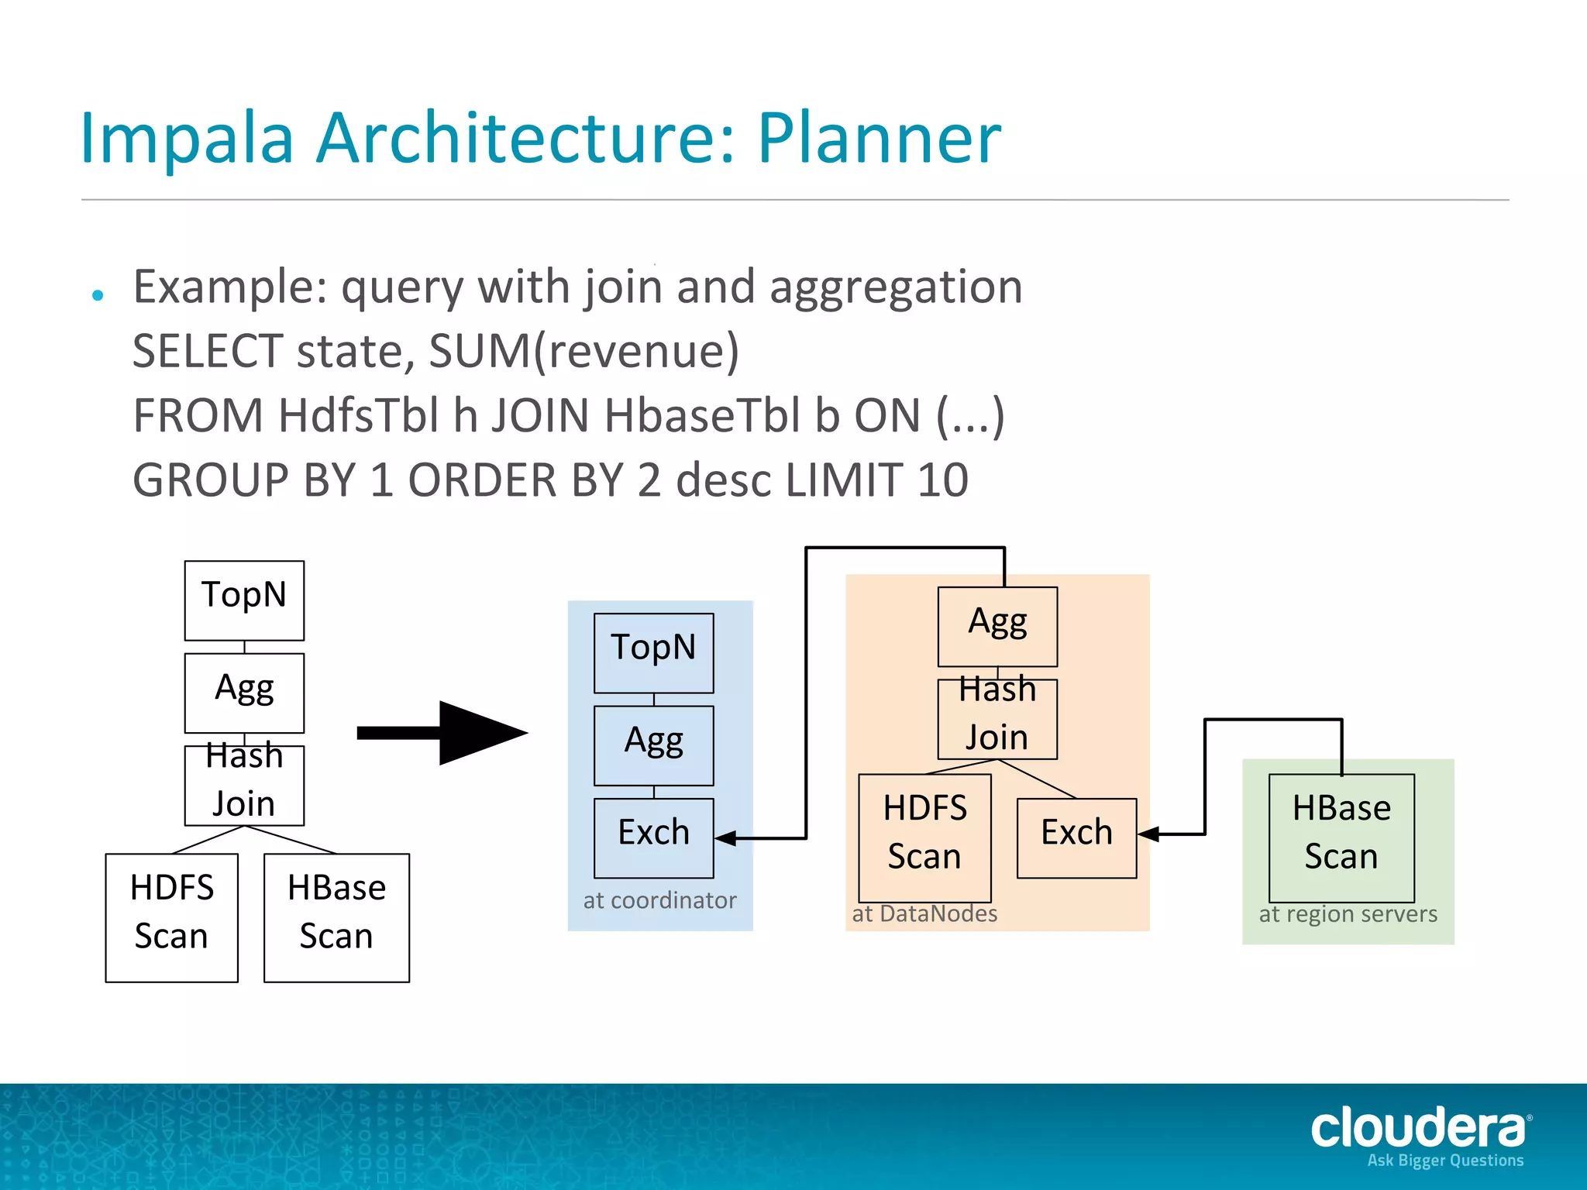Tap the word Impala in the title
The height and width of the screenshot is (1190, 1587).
(x=186, y=139)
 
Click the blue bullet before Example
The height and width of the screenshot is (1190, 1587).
(x=98, y=295)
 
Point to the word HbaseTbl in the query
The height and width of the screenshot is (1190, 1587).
(x=701, y=415)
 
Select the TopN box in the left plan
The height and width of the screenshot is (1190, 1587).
(x=244, y=600)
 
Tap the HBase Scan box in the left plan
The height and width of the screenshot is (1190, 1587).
(x=336, y=917)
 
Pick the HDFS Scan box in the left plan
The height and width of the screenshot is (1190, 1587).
(x=171, y=917)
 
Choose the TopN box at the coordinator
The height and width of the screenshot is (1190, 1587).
(x=653, y=652)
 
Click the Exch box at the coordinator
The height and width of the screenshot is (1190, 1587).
(x=653, y=837)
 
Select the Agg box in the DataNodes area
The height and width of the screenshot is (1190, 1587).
(x=997, y=626)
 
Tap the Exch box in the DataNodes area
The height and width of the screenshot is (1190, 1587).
(x=1076, y=837)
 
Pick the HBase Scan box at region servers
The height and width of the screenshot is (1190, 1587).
(x=1341, y=837)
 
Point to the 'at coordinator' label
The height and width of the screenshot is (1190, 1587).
(x=659, y=900)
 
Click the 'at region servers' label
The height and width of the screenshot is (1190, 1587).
(x=1348, y=914)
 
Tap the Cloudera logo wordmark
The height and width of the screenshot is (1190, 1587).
(x=1418, y=1129)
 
